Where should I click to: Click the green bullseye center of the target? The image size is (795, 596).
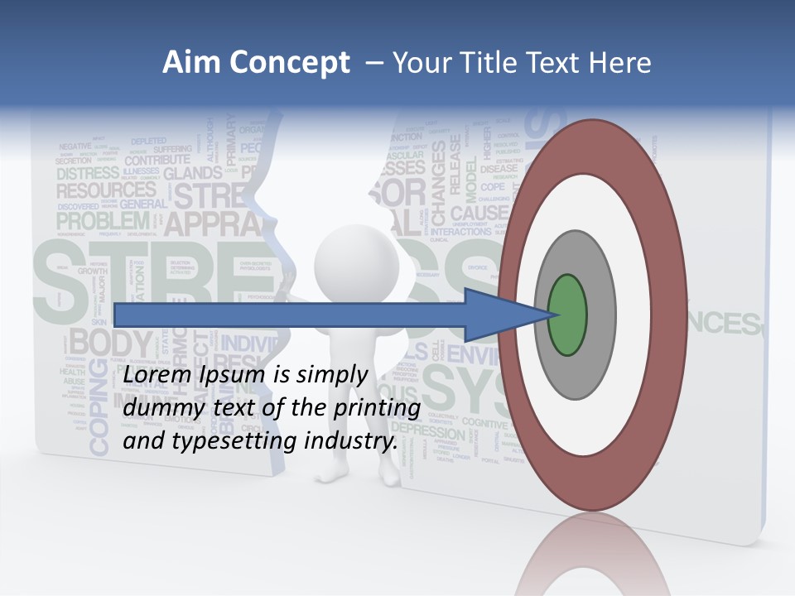pyautogui.click(x=567, y=315)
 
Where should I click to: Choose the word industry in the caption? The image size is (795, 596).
pyautogui.click(x=349, y=440)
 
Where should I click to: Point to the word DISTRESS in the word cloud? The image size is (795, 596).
pyautogui.click(x=88, y=173)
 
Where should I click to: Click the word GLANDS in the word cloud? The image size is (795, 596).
pyautogui.click(x=193, y=174)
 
